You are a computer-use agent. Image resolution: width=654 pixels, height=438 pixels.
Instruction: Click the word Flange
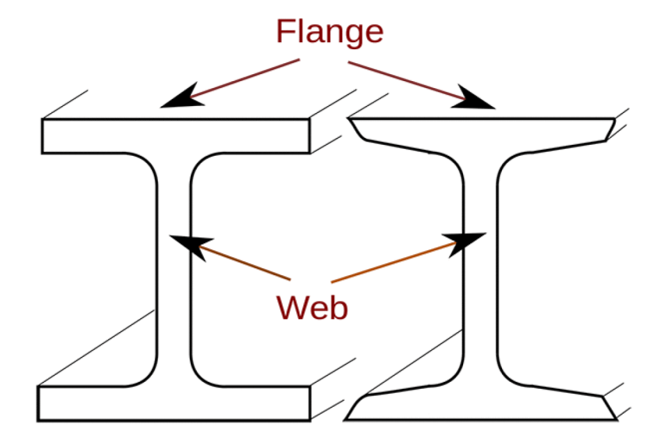330,32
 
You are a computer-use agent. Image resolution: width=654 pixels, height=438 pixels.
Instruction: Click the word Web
312,308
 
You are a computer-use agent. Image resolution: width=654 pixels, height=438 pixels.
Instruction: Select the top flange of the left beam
176,136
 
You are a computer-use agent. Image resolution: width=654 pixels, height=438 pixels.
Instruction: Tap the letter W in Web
289,308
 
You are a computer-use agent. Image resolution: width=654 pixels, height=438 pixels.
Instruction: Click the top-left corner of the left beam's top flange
43,119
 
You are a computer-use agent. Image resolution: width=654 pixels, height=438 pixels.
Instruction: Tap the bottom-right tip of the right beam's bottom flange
616,419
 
